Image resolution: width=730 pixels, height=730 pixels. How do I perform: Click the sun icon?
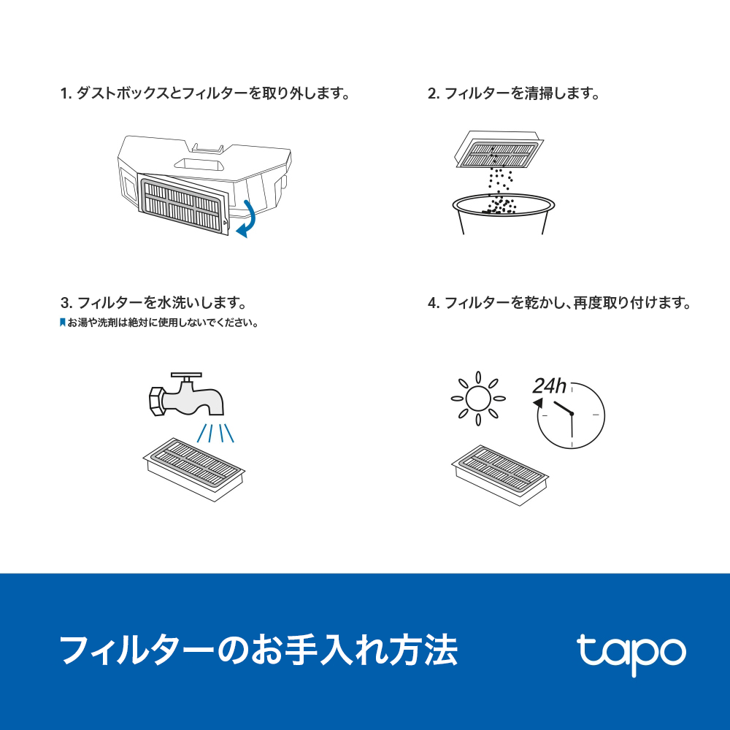[478, 399]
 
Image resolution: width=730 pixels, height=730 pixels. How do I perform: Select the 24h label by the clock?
[550, 386]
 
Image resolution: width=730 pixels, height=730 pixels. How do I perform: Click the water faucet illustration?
[186, 395]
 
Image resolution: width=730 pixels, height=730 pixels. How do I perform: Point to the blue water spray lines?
[215, 432]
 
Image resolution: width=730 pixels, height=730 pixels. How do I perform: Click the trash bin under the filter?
[503, 214]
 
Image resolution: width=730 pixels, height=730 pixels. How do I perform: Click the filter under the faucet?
[193, 469]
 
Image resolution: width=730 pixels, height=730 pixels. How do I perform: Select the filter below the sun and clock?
[499, 475]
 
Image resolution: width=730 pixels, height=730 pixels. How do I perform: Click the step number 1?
[64, 93]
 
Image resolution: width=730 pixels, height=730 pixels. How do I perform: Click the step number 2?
[433, 93]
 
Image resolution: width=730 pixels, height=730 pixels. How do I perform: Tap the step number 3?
[66, 303]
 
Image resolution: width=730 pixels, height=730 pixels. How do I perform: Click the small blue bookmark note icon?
[62, 322]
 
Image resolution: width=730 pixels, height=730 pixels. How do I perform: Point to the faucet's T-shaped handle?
[186, 378]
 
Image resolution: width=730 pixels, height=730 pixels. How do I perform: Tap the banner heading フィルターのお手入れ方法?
[259, 650]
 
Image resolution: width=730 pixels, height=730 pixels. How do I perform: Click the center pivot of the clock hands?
[572, 413]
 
